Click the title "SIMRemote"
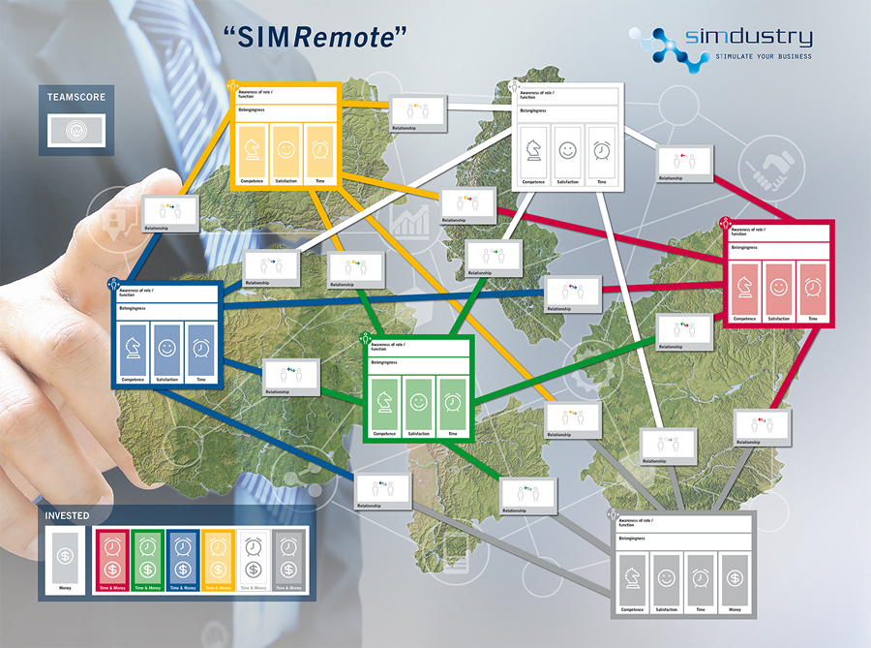[315, 37]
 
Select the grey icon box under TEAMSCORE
[76, 130]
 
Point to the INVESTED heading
[68, 516]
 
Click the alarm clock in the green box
[451, 400]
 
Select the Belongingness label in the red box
[746, 247]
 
